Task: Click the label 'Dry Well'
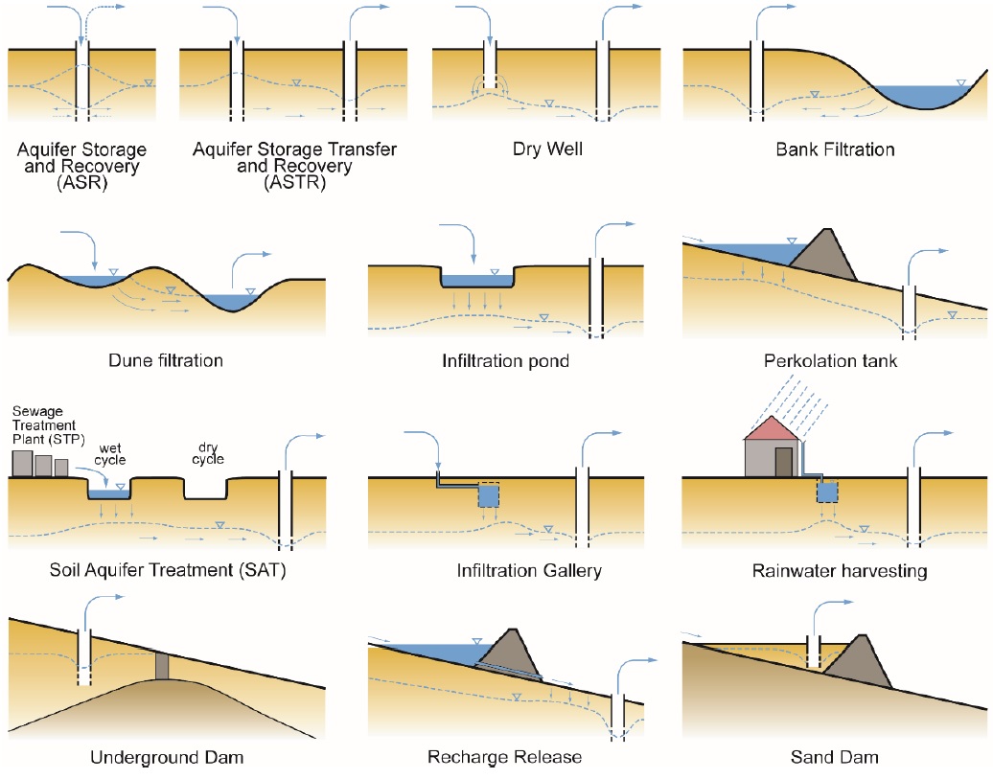click(x=546, y=149)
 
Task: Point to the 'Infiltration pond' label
click(x=506, y=361)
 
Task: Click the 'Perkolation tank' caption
click(x=831, y=361)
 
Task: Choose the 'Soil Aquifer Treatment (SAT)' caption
click(x=168, y=570)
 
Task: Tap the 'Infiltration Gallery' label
click(x=529, y=570)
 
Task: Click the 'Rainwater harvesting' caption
click(x=840, y=571)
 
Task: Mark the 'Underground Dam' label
click(x=167, y=757)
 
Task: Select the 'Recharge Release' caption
click(x=505, y=757)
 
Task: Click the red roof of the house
click(x=772, y=429)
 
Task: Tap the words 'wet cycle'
click(x=110, y=453)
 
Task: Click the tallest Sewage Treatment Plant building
click(x=22, y=463)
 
